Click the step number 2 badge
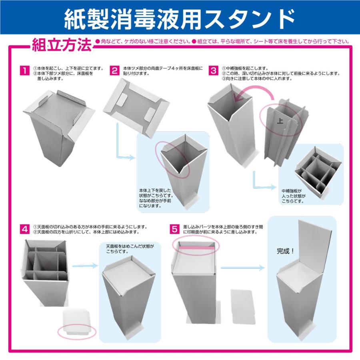pyautogui.click(x=115, y=71)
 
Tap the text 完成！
pyautogui.click(x=286, y=252)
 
